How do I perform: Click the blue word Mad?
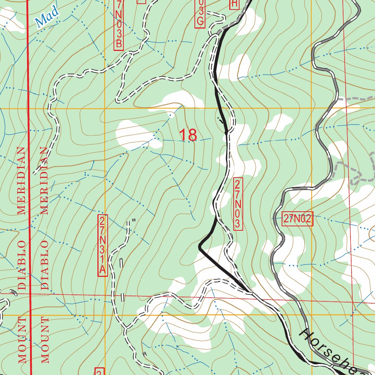tap(48, 18)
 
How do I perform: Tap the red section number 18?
tap(188, 135)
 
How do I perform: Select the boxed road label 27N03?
tap(238, 204)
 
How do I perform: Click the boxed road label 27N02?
tap(297, 219)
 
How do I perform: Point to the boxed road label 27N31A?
tap(103, 245)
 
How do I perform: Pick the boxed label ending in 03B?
tap(119, 24)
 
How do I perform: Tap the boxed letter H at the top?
tap(234, 4)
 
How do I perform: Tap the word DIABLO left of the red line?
tap(22, 264)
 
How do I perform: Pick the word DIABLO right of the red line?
tap(45, 264)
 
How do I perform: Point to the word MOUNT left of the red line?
tap(22, 340)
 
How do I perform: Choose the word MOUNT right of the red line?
tap(45, 340)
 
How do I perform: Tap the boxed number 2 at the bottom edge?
tap(99, 371)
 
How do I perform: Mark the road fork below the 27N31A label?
tap(126, 327)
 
